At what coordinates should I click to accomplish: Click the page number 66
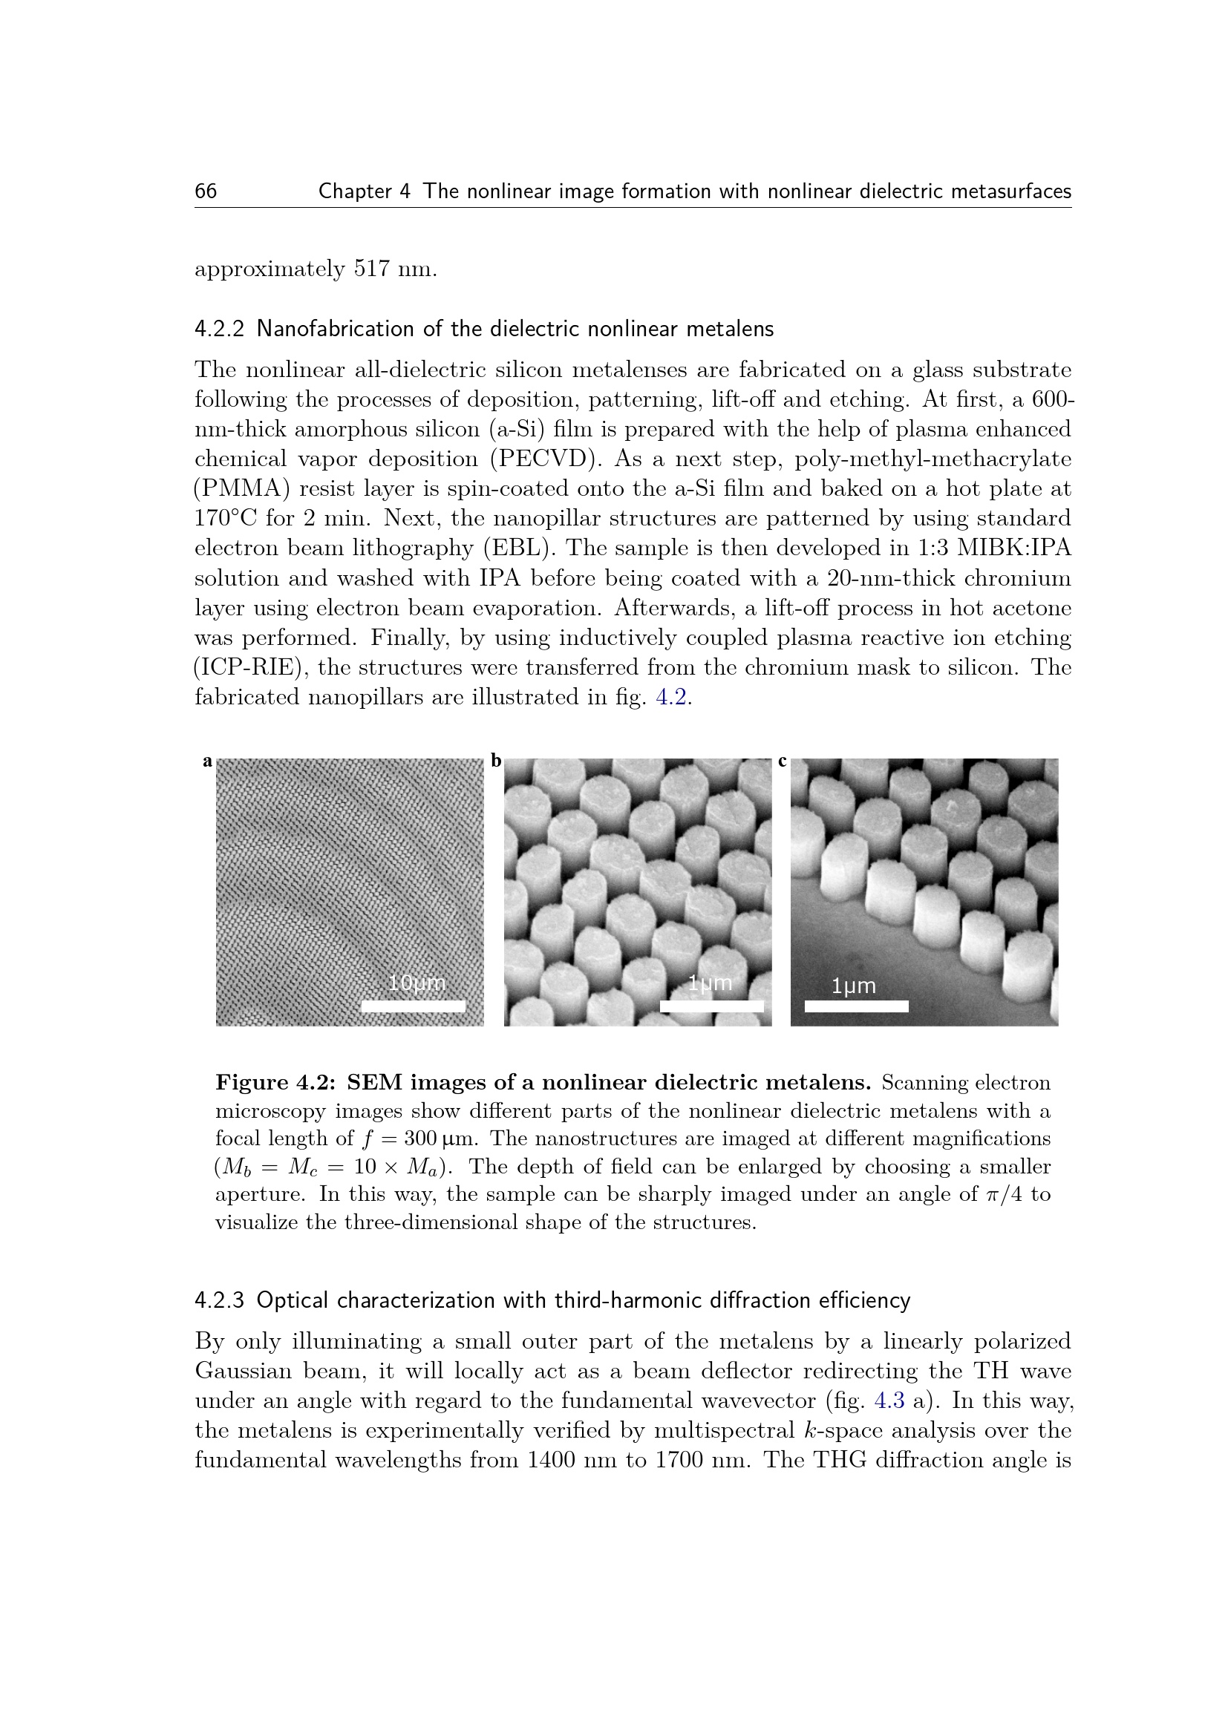(x=206, y=191)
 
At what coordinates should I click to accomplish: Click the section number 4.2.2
(x=219, y=330)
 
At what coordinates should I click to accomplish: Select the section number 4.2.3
(x=219, y=1301)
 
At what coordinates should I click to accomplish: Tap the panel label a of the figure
(x=207, y=761)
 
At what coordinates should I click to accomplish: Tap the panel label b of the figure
(x=496, y=761)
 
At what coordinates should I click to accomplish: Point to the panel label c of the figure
(x=783, y=761)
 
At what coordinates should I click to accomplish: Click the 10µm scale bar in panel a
(x=413, y=1006)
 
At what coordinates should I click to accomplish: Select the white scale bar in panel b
(x=711, y=1006)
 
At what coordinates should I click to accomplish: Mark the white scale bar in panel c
(x=856, y=1006)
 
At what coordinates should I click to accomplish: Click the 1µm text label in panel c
(x=854, y=986)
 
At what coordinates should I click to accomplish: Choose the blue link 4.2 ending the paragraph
(x=670, y=697)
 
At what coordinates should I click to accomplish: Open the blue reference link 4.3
(x=889, y=1401)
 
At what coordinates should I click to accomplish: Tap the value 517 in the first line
(x=372, y=269)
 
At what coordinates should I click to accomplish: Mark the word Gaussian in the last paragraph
(x=241, y=1371)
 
